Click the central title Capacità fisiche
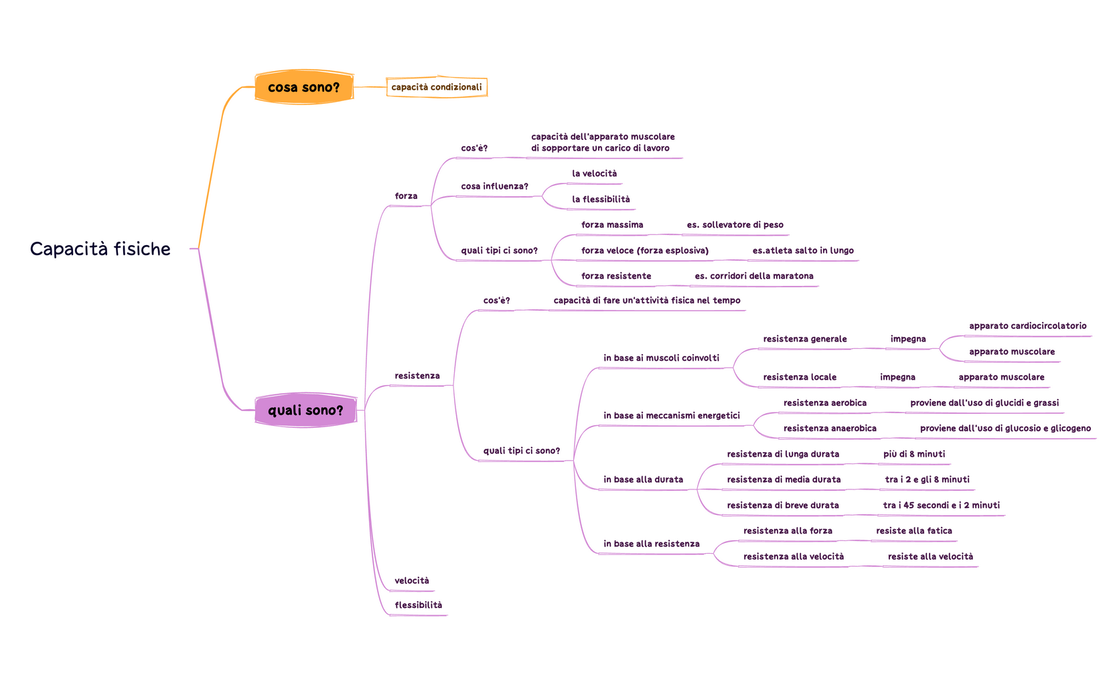[x=100, y=249]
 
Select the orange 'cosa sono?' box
[x=304, y=88]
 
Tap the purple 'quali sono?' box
[x=305, y=410]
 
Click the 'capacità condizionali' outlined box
[x=437, y=88]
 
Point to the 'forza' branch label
[x=406, y=196]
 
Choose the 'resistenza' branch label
[x=417, y=376]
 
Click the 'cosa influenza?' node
[x=494, y=187]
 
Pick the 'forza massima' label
[x=612, y=225]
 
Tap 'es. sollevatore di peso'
[x=735, y=225]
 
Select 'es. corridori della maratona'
[x=754, y=277]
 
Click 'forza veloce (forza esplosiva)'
[x=645, y=251]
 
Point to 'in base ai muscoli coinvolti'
[x=661, y=358]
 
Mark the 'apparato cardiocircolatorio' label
[x=1027, y=327]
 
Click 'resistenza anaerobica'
[x=830, y=429]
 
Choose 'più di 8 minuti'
[x=914, y=455]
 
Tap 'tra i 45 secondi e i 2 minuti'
[x=941, y=506]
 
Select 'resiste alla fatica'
[x=913, y=531]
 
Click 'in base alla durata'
[x=643, y=480]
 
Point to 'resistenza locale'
[x=800, y=378]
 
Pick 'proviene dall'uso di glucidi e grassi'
[x=984, y=403]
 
